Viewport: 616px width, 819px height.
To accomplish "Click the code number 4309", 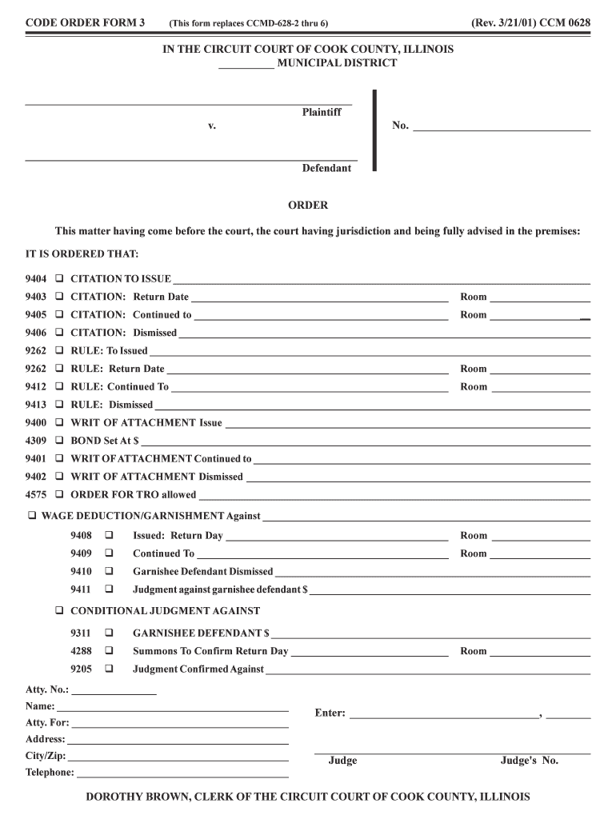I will (x=36, y=441).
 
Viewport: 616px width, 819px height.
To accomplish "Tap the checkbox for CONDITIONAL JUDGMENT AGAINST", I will (x=59, y=610).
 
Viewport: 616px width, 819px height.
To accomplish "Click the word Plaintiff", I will (x=321, y=113).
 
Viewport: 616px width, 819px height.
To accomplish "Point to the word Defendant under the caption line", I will (x=326, y=169).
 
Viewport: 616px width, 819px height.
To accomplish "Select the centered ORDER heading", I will (x=308, y=206).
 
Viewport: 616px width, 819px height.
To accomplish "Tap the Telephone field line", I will (x=182, y=773).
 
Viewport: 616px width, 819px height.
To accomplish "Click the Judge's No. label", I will (x=529, y=761).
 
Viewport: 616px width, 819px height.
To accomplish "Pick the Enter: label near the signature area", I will (x=330, y=713).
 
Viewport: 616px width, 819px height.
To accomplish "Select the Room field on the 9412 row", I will (x=540, y=387).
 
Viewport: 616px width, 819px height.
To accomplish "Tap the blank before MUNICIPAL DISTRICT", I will (x=246, y=64).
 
